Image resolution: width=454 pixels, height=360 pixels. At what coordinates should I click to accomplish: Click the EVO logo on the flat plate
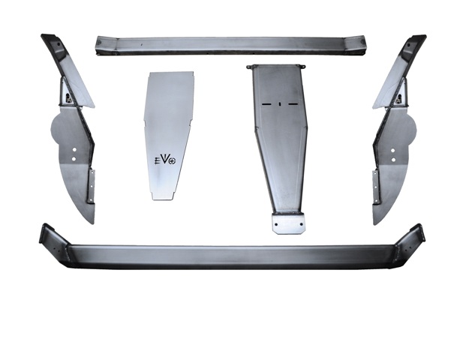point(165,160)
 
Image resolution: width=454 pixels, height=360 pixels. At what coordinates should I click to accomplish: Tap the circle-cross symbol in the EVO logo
point(173,161)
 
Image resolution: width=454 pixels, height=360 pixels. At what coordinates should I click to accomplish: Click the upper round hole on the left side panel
point(74,150)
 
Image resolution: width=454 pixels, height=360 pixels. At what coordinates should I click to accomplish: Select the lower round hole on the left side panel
point(74,158)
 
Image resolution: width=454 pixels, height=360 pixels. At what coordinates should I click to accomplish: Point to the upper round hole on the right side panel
point(393,151)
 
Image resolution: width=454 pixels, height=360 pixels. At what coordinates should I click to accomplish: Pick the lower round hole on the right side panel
point(393,160)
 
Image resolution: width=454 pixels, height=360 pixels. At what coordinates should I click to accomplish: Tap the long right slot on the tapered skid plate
point(293,103)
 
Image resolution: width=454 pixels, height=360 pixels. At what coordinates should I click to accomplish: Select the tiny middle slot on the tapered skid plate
point(280,103)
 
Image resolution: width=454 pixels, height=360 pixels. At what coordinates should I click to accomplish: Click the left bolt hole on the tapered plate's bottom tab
point(276,224)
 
